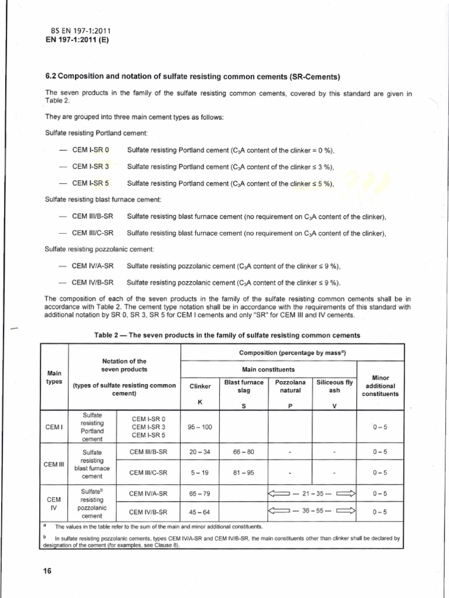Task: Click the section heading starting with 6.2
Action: [193, 77]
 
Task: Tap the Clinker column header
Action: [200, 386]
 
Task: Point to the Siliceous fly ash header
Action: [334, 386]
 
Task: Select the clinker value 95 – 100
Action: [200, 427]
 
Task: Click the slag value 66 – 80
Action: [243, 451]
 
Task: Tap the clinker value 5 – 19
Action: [200, 472]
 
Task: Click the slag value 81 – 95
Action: [243, 472]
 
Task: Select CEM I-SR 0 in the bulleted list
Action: [91, 150]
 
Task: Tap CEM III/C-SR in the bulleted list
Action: [92, 233]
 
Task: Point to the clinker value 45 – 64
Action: [200, 512]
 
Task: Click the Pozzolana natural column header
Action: [290, 386]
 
